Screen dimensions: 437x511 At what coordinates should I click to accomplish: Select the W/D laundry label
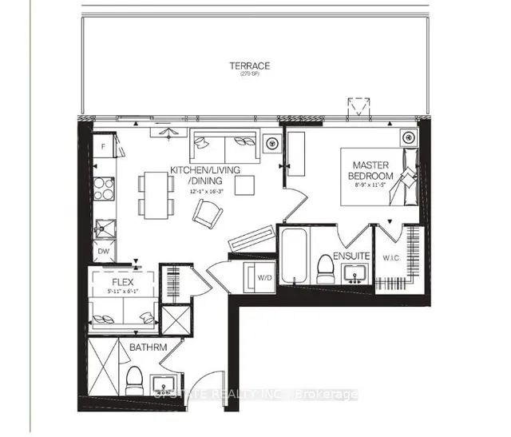point(264,277)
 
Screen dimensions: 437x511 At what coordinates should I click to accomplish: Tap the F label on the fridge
point(104,147)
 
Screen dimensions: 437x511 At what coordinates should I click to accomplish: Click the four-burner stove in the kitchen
point(105,189)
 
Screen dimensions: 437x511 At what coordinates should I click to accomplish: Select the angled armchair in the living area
point(209,213)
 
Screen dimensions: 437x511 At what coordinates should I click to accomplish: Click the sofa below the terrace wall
point(224,145)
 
